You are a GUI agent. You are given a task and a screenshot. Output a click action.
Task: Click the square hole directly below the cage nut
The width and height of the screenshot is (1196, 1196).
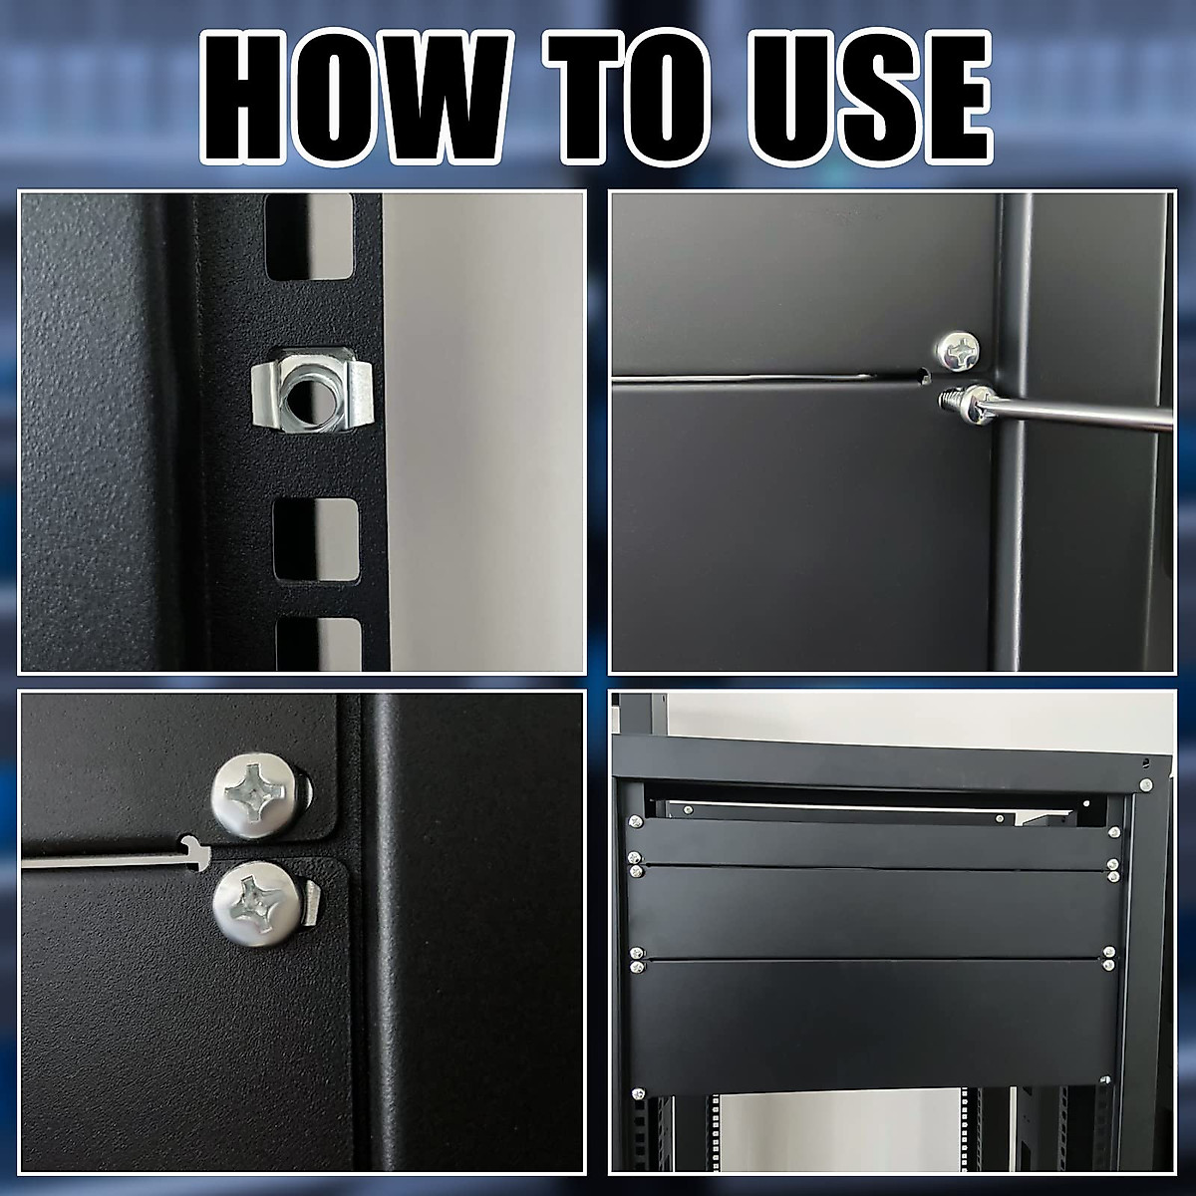(x=315, y=537)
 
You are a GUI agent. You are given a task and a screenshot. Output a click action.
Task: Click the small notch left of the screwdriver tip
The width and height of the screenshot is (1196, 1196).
(x=924, y=377)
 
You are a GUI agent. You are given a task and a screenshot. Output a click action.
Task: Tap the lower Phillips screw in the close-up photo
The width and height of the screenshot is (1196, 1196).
(x=253, y=902)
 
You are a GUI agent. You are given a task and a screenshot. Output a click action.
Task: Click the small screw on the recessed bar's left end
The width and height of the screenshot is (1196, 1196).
(x=688, y=810)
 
